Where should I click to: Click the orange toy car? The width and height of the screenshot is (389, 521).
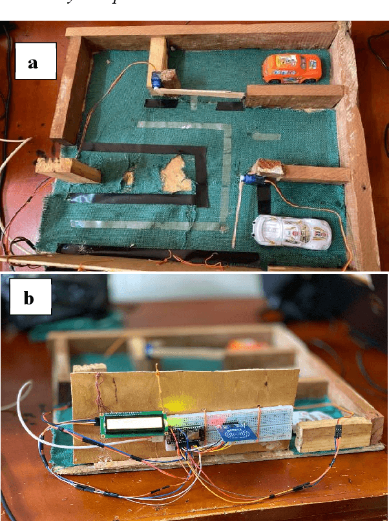[x=291, y=68]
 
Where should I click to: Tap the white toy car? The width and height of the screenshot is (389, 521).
[x=293, y=231]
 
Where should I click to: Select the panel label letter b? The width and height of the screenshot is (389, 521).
[x=30, y=299]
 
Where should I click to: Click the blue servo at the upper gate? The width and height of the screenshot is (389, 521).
[x=158, y=82]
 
